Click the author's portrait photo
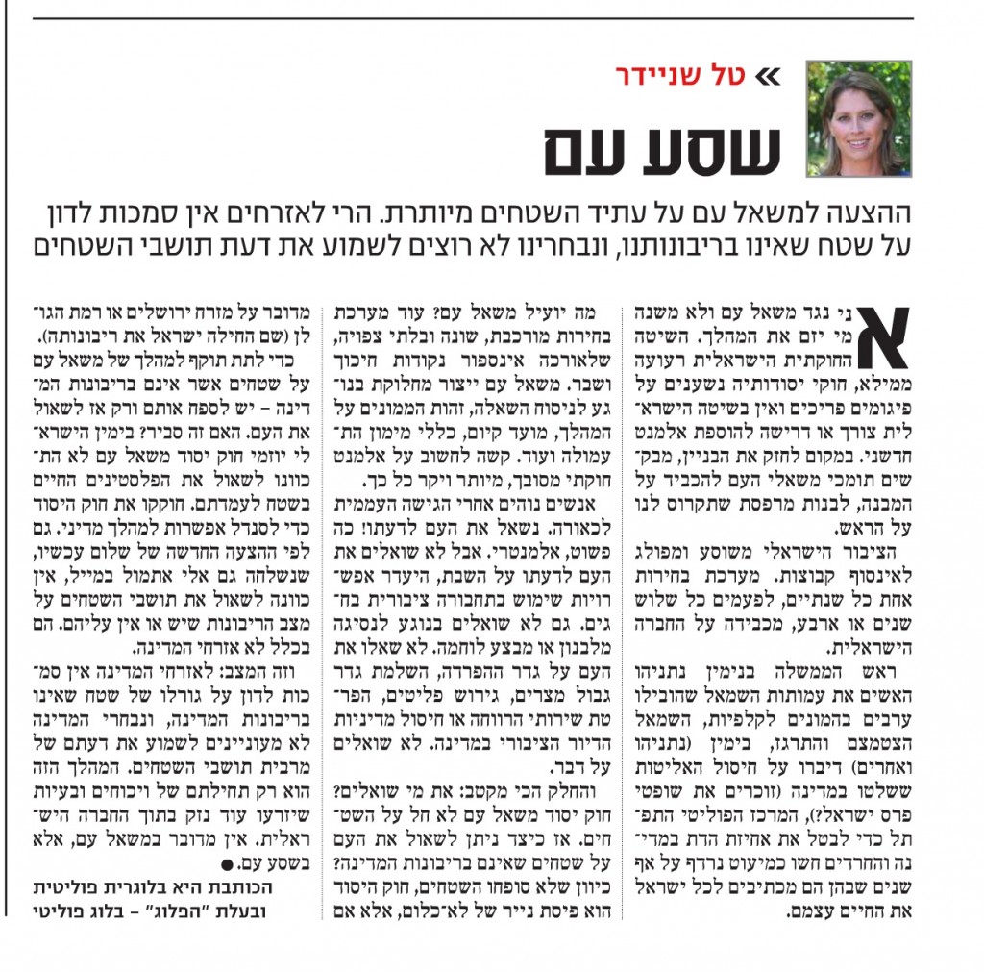[x=858, y=118]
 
